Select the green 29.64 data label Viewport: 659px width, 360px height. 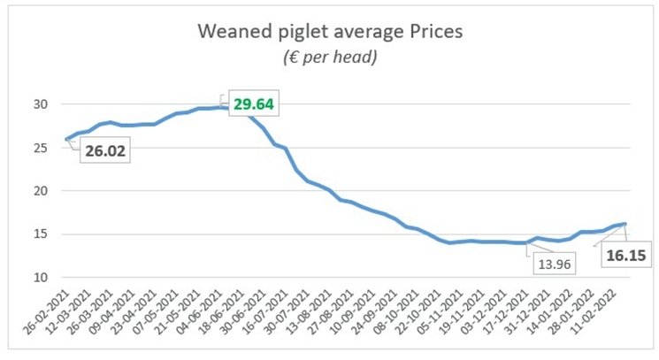pos(254,104)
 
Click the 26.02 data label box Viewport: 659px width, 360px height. pos(106,151)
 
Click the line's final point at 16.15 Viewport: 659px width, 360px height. pos(625,224)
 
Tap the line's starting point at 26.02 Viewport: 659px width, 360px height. pos(67,139)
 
